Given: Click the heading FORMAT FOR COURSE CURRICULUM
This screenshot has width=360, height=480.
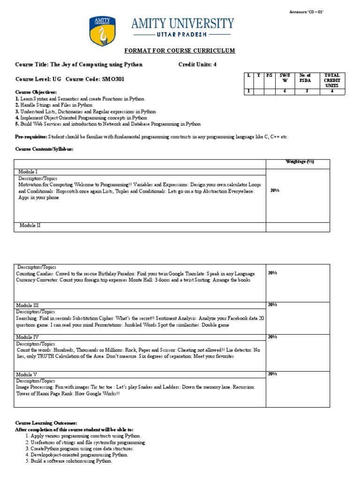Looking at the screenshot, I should click(x=180, y=51).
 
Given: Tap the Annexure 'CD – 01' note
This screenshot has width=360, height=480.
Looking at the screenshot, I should click(x=307, y=12).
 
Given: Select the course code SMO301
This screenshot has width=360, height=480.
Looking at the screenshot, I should click(x=113, y=79).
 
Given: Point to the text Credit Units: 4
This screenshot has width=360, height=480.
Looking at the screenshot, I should click(x=197, y=65).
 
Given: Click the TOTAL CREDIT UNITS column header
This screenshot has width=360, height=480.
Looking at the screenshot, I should click(x=332, y=81).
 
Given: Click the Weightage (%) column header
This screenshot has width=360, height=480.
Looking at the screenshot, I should click(x=300, y=162).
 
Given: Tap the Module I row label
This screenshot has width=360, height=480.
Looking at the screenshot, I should click(x=29, y=172).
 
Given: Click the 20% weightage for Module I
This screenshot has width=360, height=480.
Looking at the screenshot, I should click(x=275, y=191).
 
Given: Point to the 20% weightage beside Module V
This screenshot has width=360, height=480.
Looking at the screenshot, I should click(x=272, y=374).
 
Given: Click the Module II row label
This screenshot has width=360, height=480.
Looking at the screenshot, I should click(x=30, y=225).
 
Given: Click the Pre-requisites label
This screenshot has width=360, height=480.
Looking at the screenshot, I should click(x=30, y=136).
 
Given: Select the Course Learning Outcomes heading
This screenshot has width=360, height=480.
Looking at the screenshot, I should click(x=46, y=423).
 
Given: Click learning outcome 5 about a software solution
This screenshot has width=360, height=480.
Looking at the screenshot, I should click(x=68, y=461).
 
